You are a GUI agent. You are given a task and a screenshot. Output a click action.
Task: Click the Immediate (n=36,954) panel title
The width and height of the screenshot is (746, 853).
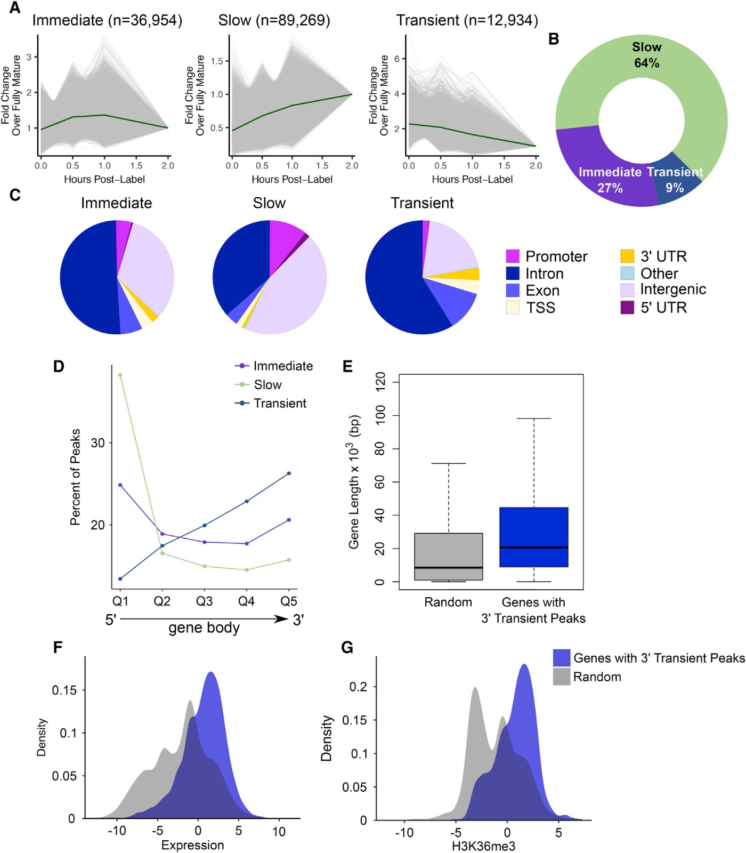[107, 21]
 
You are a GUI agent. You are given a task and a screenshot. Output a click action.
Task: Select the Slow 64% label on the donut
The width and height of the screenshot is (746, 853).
[646, 55]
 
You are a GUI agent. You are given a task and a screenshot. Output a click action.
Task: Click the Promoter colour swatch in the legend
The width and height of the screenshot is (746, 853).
[513, 256]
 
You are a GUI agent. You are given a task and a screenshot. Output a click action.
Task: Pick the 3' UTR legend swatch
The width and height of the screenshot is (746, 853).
[627, 256]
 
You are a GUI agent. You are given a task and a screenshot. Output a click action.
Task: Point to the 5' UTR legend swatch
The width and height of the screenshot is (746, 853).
[627, 308]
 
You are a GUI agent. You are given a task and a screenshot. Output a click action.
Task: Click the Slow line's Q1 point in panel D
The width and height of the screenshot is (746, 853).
[120, 375]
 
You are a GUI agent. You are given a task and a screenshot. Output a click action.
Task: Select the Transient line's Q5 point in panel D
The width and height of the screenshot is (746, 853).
[289, 473]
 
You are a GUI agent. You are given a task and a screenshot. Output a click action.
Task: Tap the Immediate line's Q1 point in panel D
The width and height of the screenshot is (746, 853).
[120, 485]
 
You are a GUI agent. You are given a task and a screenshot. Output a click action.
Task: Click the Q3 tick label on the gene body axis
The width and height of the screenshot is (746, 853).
[204, 601]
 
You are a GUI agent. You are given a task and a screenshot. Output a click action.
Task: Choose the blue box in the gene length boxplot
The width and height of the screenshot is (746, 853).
[533, 537]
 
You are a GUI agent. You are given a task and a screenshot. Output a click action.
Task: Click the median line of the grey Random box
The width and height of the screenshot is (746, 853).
[448, 567]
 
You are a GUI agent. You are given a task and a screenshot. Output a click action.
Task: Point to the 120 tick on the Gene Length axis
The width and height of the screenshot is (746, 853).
[380, 382]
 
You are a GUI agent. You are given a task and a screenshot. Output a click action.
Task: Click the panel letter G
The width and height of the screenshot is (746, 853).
[347, 648]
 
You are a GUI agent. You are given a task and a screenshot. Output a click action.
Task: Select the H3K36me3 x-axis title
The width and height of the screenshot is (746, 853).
[483, 846]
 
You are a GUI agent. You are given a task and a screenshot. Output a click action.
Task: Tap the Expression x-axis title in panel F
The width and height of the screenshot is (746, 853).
[192, 845]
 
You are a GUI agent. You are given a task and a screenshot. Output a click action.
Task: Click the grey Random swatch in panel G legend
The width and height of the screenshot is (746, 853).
[562, 677]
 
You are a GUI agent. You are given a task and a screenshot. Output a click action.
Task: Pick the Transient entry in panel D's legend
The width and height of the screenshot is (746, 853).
[280, 404]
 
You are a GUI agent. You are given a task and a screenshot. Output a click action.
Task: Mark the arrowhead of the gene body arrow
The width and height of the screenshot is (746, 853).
[281, 619]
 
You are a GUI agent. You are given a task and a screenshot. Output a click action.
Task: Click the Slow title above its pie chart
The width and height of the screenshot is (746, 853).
[269, 203]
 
